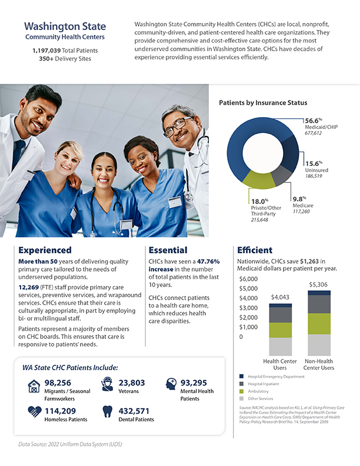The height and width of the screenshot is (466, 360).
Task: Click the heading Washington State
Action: coord(65,26)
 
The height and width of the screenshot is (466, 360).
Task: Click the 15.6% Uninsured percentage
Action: coord(313,163)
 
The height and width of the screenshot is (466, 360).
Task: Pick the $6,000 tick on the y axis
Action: coord(249,279)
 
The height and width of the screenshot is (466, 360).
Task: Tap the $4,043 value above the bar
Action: coord(279,298)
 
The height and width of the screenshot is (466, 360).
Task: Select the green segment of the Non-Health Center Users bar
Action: coord(319,324)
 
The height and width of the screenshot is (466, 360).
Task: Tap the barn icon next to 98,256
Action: coord(34,386)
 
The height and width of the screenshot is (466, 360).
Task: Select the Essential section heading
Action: coord(168,250)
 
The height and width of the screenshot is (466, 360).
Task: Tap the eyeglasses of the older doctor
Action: coord(178,125)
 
